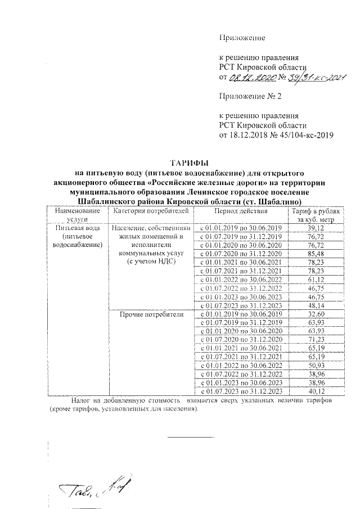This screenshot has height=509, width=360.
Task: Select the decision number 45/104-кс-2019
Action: click(303, 135)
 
